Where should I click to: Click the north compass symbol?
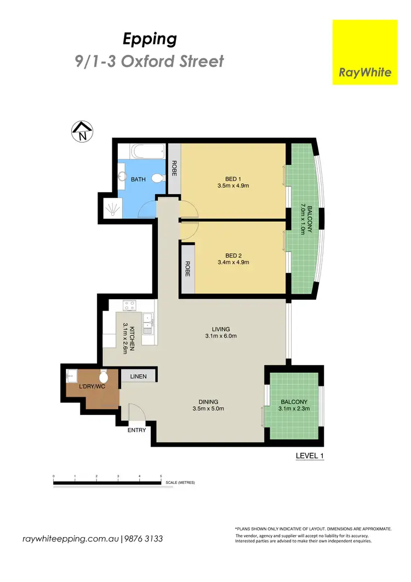82,132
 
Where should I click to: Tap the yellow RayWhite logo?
366,52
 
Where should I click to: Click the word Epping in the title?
149,39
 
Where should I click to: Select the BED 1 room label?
233,179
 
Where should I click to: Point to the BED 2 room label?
233,255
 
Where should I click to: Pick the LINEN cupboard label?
138,376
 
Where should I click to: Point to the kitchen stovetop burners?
129,305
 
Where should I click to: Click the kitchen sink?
147,324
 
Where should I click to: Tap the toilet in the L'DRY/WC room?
104,376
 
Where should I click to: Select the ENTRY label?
136,430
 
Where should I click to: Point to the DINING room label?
208,401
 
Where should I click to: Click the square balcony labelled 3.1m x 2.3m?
294,406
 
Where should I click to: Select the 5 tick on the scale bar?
161,476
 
